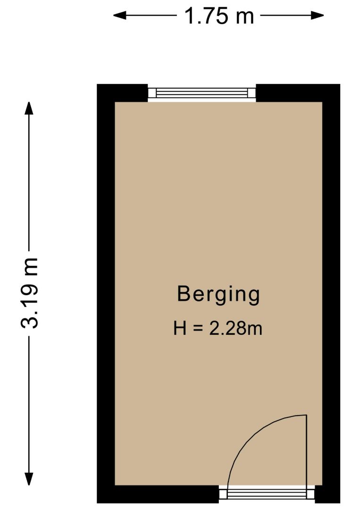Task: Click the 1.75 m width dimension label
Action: coord(218,16)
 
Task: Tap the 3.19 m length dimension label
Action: coord(29,293)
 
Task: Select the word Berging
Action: coord(218,295)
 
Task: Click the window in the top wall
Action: coord(202,93)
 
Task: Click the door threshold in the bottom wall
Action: coord(267,495)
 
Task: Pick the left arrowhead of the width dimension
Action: coord(119,15)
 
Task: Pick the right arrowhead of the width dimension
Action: coord(318,15)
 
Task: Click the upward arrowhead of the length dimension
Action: coord(29,108)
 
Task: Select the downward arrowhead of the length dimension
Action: coord(29,478)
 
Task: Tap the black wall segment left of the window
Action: coord(123,93)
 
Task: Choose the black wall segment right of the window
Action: coord(298,93)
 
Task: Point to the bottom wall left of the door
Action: coord(158,494)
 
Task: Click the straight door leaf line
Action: coord(306,451)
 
